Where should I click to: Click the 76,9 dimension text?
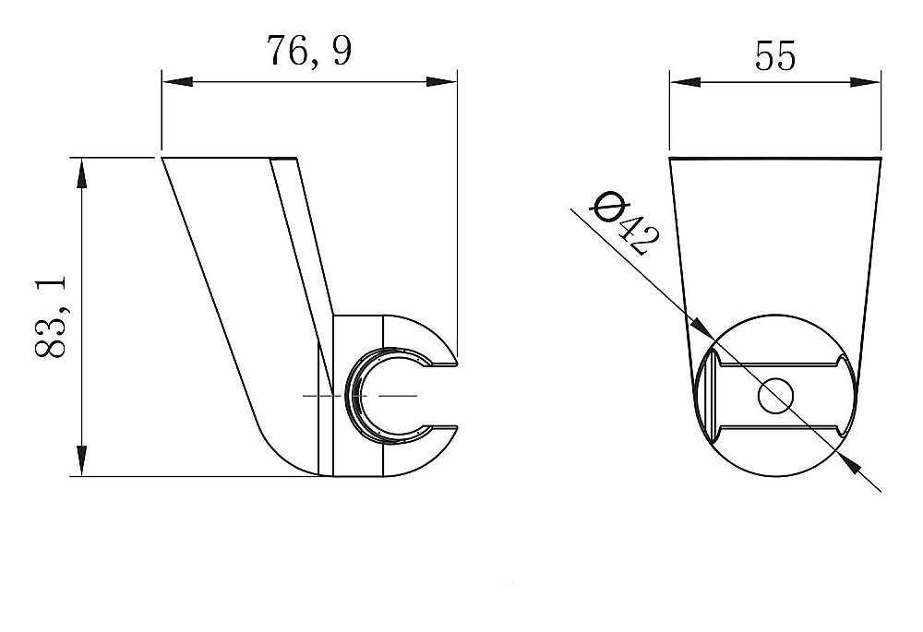tap(309, 51)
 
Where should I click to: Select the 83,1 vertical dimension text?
tap(51, 316)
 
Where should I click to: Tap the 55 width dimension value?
tap(774, 56)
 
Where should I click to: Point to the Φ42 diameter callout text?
tap(625, 223)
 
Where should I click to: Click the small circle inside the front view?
tap(776, 396)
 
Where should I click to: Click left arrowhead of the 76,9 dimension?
tap(177, 81)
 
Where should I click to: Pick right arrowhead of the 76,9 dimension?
tap(441, 81)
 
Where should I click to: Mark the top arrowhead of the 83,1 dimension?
tap(81, 173)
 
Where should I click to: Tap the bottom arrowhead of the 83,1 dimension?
tap(81, 460)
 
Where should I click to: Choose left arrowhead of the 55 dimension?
tap(685, 82)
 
